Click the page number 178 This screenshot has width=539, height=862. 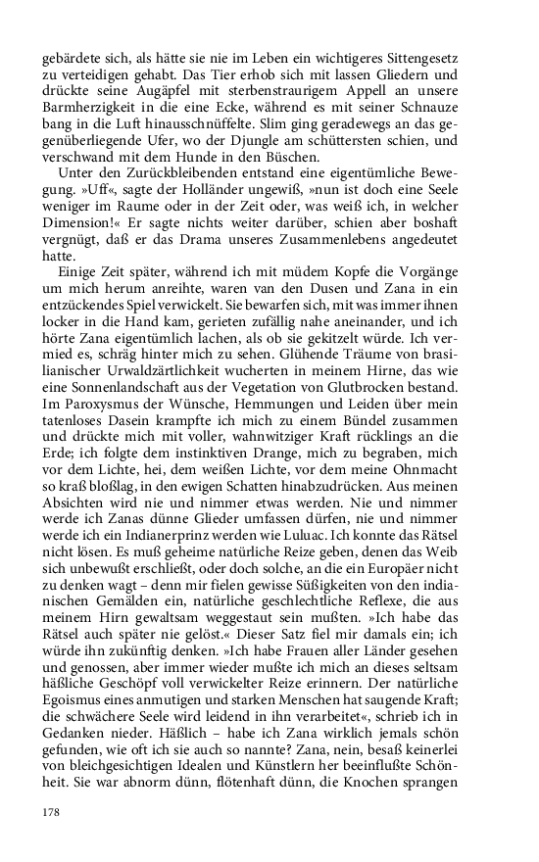pos(52,812)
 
